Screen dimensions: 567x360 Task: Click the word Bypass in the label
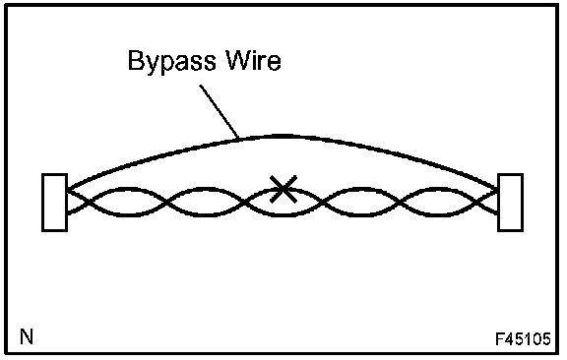tap(172, 61)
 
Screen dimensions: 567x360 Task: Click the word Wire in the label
tap(253, 60)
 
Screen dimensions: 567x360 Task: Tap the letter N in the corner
tap(27, 336)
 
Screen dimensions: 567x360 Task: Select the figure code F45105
tap(523, 339)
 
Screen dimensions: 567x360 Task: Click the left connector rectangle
tap(54, 203)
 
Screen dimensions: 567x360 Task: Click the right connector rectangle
tap(510, 203)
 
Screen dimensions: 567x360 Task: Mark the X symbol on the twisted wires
tap(283, 189)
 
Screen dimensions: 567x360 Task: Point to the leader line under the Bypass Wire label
tap(220, 111)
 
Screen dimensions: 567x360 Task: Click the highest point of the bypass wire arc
tap(283, 137)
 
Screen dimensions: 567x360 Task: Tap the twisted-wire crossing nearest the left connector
tap(86, 202)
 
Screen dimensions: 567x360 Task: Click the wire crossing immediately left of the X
tap(244, 202)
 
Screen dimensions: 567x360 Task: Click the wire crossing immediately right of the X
tap(323, 202)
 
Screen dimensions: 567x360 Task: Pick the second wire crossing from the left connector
tap(166, 202)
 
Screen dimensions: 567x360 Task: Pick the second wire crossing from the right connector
tap(400, 202)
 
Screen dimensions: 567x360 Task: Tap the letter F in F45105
tap(499, 339)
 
